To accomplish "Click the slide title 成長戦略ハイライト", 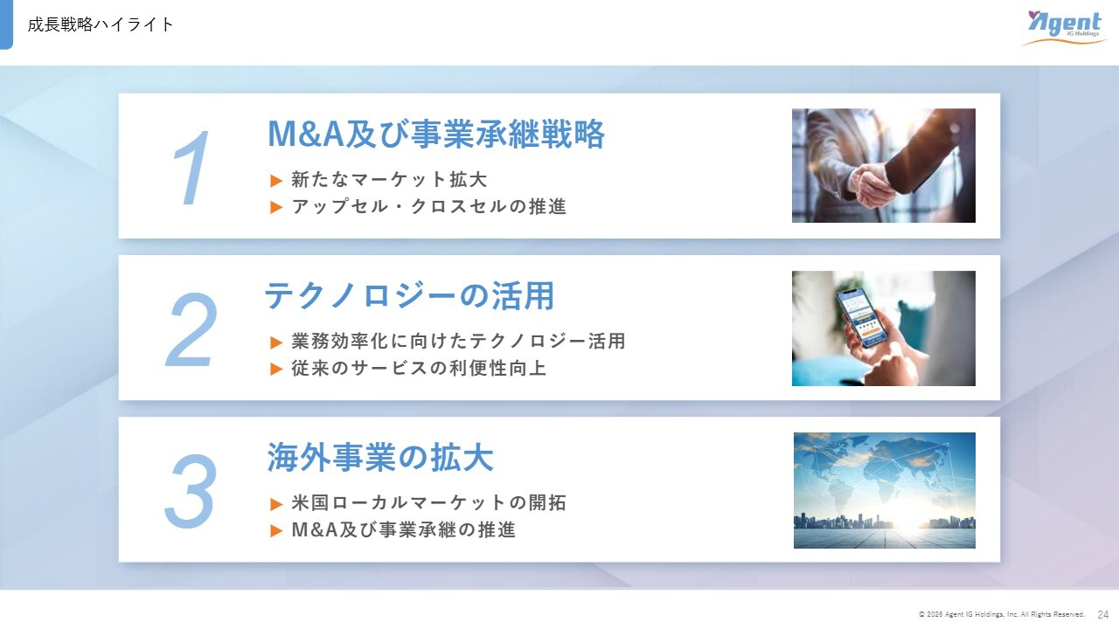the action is [101, 24].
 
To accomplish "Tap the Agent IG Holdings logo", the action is [1064, 27].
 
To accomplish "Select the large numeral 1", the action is [191, 167].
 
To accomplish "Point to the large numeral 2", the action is [191, 330].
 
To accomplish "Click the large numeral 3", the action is [191, 491].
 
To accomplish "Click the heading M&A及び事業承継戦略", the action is [436, 134].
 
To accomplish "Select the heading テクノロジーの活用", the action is [409, 295].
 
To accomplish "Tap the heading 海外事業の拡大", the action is [380, 457].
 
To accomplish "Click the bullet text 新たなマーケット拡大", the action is [389, 179].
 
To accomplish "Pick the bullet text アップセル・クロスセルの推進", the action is [429, 206].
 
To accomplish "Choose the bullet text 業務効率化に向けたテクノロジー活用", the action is [459, 341].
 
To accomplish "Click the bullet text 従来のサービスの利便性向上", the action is [419, 368].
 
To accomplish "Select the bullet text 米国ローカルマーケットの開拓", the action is [429, 502].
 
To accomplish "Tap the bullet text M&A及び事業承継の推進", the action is [404, 529].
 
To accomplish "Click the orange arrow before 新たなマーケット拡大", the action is [276, 180].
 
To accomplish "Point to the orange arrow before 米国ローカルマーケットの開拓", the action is [276, 504].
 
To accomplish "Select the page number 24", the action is [1103, 614].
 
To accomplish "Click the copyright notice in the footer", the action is [1002, 614].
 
